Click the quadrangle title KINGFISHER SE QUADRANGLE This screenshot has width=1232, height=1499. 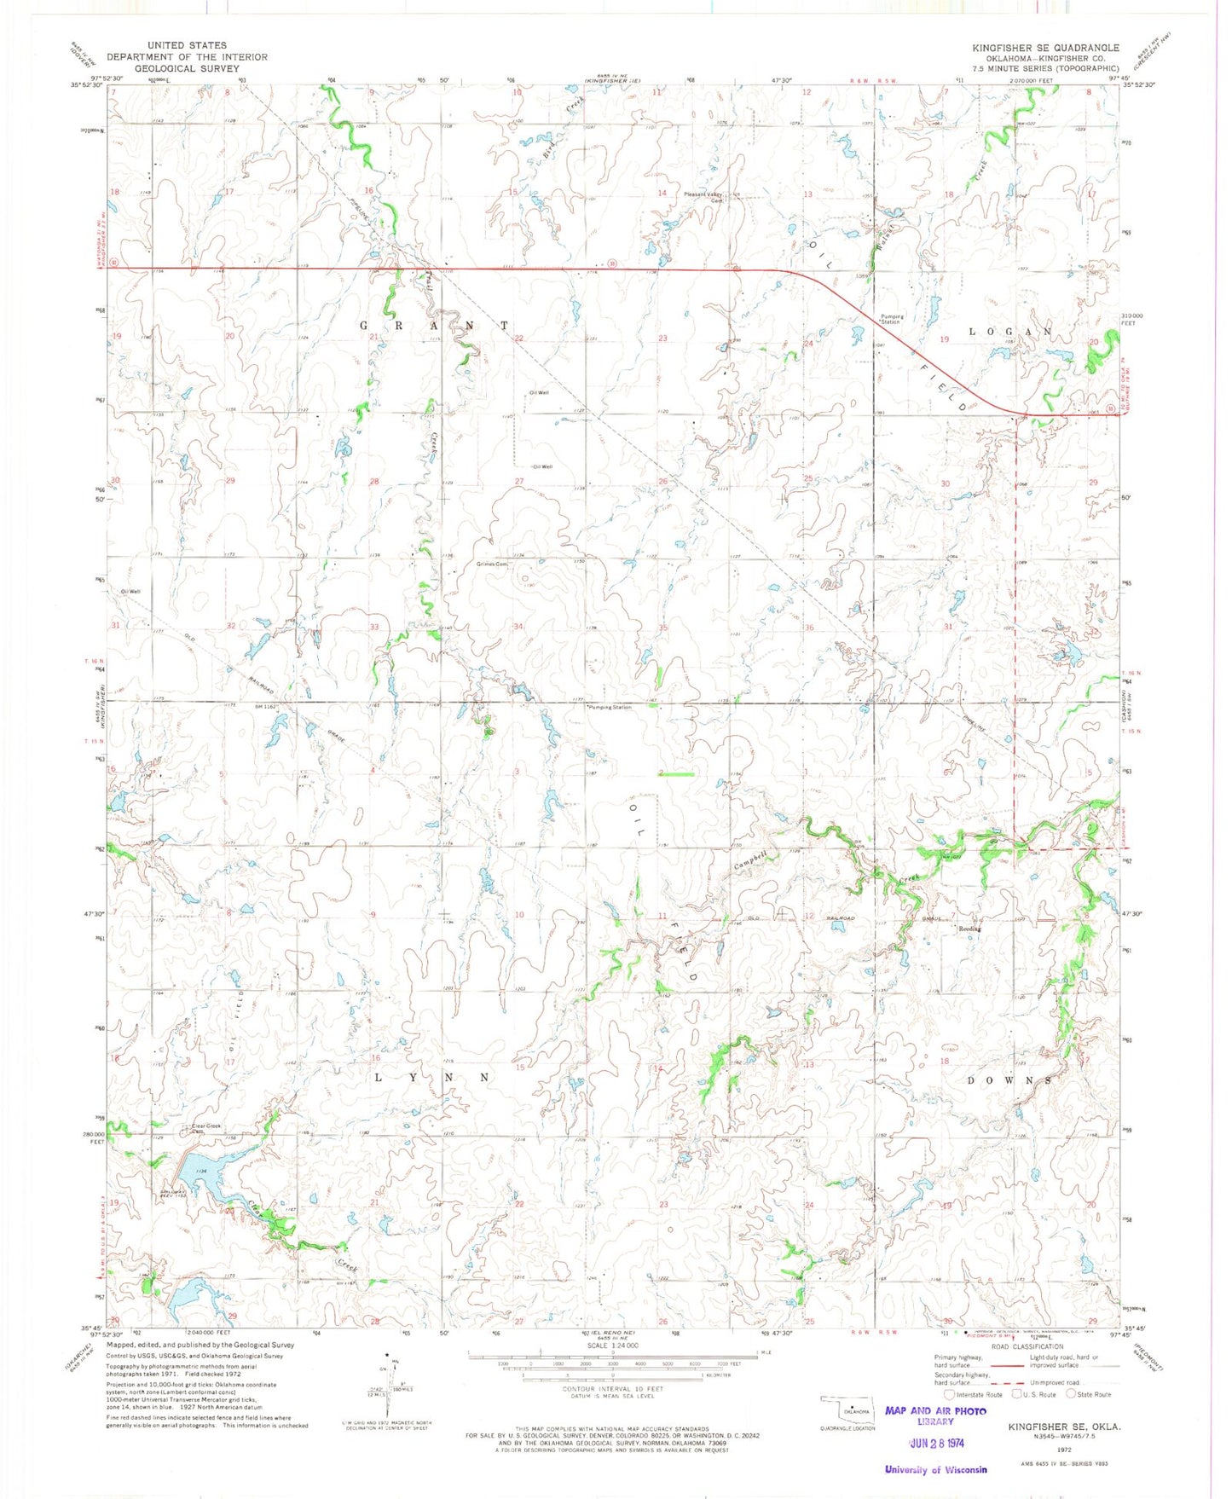coord(1045,48)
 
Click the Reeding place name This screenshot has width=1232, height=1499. coord(970,929)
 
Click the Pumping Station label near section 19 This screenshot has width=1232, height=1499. coord(892,319)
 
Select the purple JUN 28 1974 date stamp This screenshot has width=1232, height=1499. coord(935,1443)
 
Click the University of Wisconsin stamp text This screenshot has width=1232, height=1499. coord(935,1469)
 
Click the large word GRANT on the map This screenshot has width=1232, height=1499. coord(435,326)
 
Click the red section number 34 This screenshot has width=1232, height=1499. coord(518,627)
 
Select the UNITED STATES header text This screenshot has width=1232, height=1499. coord(187,45)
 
